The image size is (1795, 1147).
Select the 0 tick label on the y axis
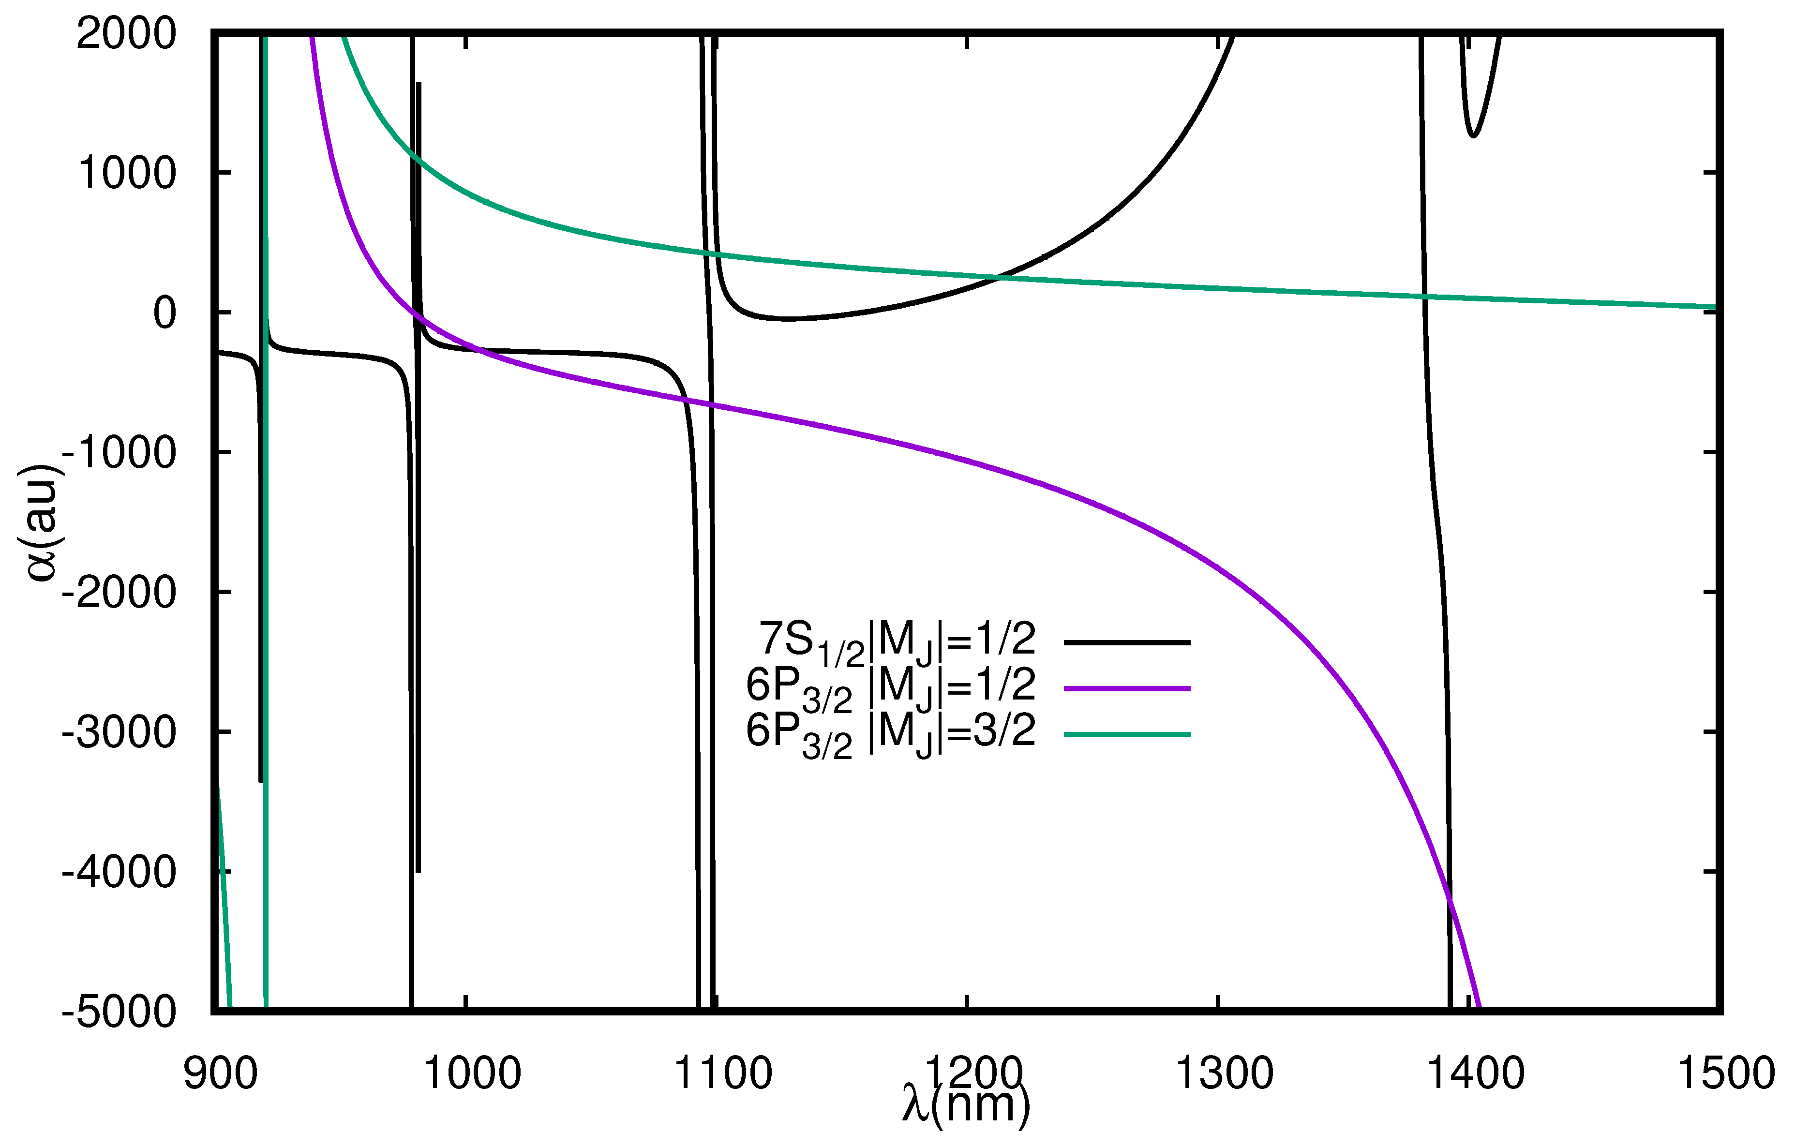tap(165, 313)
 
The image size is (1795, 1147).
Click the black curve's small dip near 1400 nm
tap(1473, 134)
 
